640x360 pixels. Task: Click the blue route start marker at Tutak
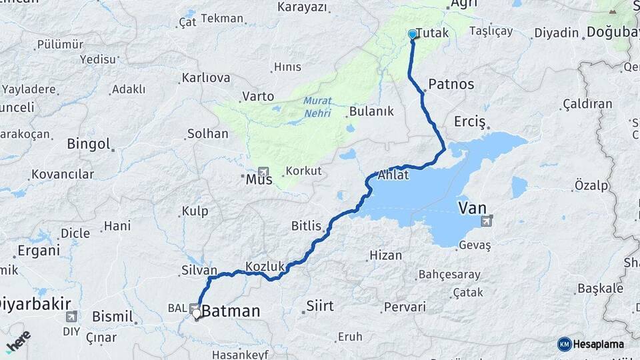[x=412, y=34]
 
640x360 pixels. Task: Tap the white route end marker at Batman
[x=197, y=313]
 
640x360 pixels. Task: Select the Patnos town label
[x=451, y=84]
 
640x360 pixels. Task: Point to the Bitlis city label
[x=306, y=225]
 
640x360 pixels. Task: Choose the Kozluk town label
[x=265, y=266]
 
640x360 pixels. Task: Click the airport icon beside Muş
[x=264, y=171]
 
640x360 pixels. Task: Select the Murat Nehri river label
[x=317, y=107]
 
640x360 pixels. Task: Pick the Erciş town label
[x=470, y=122]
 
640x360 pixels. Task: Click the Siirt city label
[x=319, y=306]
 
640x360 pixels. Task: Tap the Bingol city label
[x=88, y=143]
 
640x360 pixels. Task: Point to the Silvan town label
[x=199, y=270]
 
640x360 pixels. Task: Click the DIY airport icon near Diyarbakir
[x=71, y=317]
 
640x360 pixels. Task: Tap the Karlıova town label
[x=206, y=78]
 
